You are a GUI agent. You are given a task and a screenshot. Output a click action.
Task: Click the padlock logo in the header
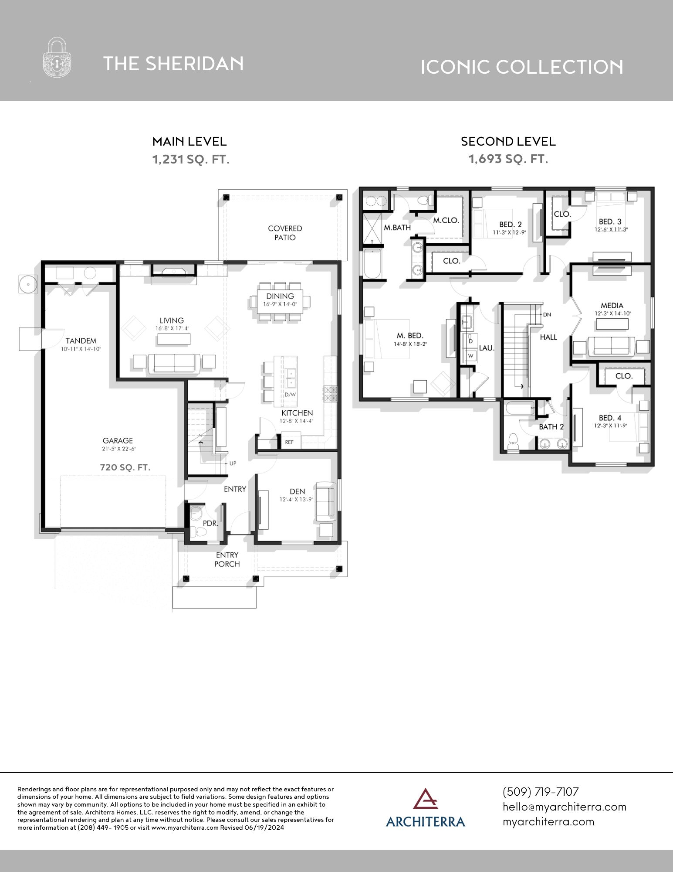tap(57, 58)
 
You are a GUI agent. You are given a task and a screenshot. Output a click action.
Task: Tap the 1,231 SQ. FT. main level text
tap(190, 160)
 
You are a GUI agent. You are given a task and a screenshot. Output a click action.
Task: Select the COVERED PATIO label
tap(285, 233)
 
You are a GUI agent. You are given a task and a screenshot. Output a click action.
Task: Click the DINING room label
tap(280, 296)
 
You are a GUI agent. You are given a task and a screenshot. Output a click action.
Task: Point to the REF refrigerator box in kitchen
tap(290, 442)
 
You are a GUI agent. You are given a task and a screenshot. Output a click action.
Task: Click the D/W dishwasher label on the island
tap(290, 395)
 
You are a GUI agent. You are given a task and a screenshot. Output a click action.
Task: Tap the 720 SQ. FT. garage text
tap(125, 467)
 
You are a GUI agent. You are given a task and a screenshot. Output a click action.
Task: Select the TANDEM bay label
tap(81, 341)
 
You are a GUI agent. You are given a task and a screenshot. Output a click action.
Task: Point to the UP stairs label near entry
tap(233, 463)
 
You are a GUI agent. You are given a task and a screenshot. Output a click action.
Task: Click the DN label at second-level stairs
tap(547, 314)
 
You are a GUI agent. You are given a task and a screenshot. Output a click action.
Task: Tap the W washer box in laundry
tap(470, 356)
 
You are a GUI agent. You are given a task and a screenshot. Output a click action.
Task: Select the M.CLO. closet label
tap(446, 221)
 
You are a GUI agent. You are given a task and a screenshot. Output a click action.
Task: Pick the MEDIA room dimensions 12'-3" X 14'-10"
tap(612, 313)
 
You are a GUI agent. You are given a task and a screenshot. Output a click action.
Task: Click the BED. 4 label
tap(610, 418)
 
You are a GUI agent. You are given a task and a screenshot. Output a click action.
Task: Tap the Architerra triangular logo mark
tap(426, 798)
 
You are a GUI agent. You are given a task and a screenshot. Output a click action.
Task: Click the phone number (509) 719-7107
tap(541, 792)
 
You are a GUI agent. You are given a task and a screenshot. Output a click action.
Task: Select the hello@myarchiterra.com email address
tap(564, 807)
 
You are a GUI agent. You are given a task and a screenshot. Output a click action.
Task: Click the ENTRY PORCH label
tap(227, 559)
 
